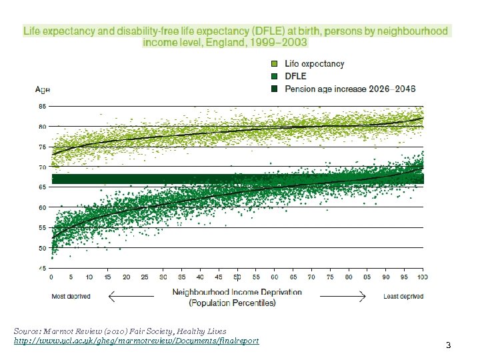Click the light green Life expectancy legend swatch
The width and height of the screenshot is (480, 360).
coord(274,64)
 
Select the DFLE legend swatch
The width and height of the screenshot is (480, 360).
coord(274,76)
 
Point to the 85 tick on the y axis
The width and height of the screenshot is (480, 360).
coord(42,106)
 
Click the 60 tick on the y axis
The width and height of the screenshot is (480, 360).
coord(42,208)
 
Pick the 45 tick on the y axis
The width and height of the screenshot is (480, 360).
coord(42,269)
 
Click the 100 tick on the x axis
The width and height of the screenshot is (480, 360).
coord(421,277)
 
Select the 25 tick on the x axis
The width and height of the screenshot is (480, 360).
coord(145,277)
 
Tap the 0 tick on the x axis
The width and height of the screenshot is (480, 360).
coord(51,277)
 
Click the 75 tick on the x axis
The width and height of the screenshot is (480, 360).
coord(329,277)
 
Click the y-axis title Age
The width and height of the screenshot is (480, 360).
coord(43,89)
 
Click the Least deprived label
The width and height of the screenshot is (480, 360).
coord(403,297)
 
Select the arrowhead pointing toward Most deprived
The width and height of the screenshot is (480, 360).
coord(111,296)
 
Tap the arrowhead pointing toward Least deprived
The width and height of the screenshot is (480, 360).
coord(364,296)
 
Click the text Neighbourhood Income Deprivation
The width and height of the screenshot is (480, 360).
coord(237,292)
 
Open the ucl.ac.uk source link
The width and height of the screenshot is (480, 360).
coord(136,341)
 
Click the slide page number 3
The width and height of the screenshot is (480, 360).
coord(449,345)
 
